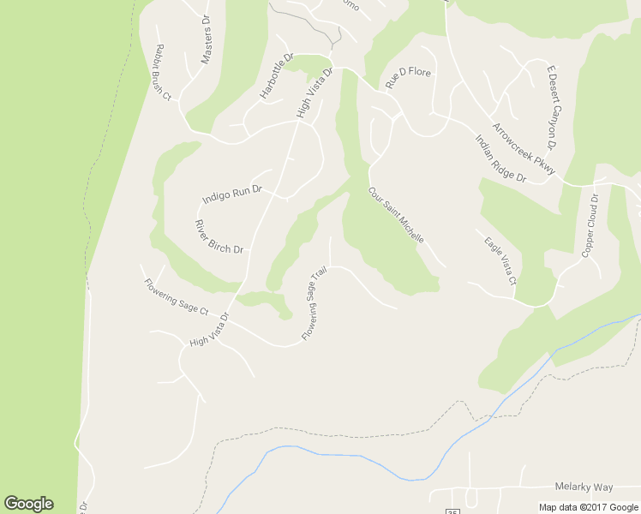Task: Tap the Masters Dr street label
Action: pyautogui.click(x=206, y=39)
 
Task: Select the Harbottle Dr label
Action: pyautogui.click(x=276, y=76)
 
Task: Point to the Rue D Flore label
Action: pyautogui.click(x=407, y=77)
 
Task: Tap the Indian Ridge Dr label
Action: pyautogui.click(x=500, y=158)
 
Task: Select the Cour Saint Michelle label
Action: pyautogui.click(x=396, y=215)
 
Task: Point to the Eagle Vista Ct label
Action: pyautogui.click(x=500, y=261)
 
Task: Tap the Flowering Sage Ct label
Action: pyautogui.click(x=176, y=296)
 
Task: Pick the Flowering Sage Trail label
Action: pyautogui.click(x=315, y=304)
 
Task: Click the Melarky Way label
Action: pyautogui.click(x=584, y=487)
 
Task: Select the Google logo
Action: pyautogui.click(x=28, y=504)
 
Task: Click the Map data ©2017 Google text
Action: pyautogui.click(x=589, y=507)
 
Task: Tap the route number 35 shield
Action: pyautogui.click(x=452, y=511)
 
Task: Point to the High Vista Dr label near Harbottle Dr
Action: pyautogui.click(x=314, y=93)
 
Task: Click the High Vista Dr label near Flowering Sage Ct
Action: pyautogui.click(x=211, y=330)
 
